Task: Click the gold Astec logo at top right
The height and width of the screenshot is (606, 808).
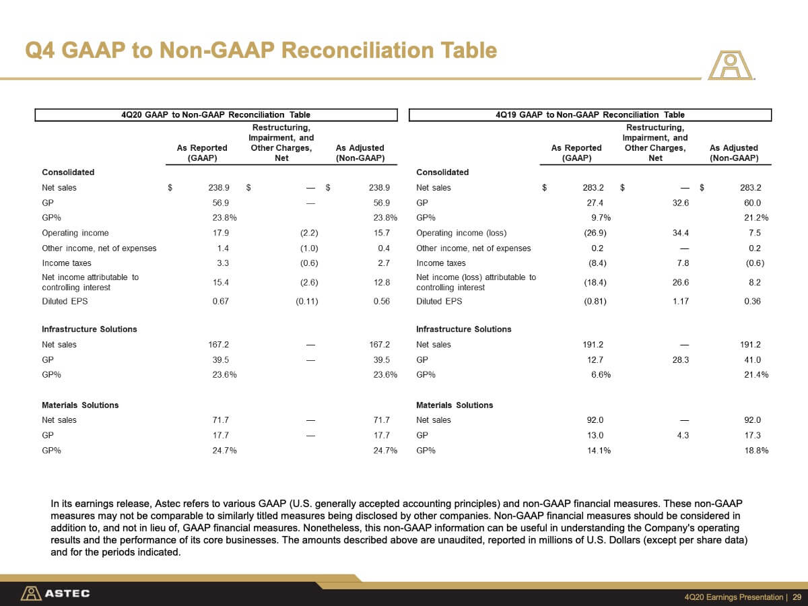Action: coord(731,65)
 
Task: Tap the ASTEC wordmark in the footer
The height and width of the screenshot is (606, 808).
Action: coord(67,593)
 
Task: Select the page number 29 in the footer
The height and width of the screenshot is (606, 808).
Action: coord(797,597)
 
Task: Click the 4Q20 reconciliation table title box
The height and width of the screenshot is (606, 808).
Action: coord(216,114)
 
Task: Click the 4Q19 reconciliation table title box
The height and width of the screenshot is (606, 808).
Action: coord(590,114)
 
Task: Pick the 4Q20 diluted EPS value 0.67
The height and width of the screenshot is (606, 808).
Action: coord(220,302)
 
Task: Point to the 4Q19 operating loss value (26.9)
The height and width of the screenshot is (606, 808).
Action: coord(595,233)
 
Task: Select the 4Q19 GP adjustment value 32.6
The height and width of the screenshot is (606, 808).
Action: coord(680,203)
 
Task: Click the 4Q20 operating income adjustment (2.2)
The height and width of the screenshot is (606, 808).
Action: coord(309,233)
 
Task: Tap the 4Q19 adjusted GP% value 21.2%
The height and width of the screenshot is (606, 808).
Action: coord(756,217)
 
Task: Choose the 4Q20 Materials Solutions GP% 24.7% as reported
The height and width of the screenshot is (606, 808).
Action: coord(224,450)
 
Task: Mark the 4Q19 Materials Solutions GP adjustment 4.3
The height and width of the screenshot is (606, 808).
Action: coord(683,435)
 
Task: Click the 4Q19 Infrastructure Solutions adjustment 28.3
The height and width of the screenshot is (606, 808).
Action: coord(680,360)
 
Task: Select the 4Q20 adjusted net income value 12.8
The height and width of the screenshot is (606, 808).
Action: coord(381,282)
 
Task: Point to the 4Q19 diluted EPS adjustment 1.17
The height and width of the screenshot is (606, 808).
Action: coord(680,302)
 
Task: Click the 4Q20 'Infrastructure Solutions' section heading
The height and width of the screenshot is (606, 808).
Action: coord(89,329)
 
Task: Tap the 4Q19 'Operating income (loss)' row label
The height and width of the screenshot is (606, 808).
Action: coord(461,233)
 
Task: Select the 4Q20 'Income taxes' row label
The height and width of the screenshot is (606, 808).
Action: coord(66,263)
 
